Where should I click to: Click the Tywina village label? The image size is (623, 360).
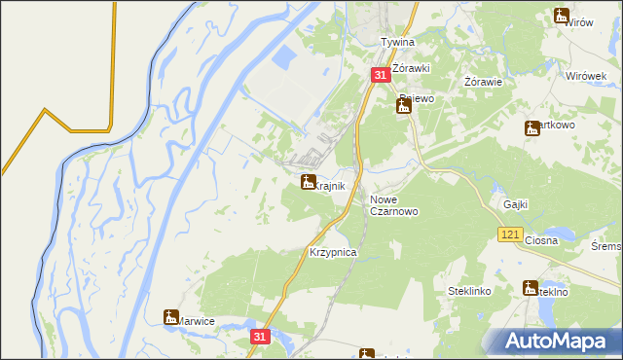point(397,43)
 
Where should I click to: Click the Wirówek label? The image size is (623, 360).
point(586,76)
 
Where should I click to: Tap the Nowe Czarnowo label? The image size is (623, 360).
point(394,205)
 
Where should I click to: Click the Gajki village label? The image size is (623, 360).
point(516,204)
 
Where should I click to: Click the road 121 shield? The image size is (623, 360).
point(510,235)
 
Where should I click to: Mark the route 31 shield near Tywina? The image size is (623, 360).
point(381,75)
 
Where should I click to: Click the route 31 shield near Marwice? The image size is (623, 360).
point(258,336)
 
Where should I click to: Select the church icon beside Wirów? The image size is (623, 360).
point(562,15)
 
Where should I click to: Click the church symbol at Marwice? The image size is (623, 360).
point(171,316)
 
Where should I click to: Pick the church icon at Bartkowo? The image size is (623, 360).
point(531,127)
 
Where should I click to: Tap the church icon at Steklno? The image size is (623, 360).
point(531,288)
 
